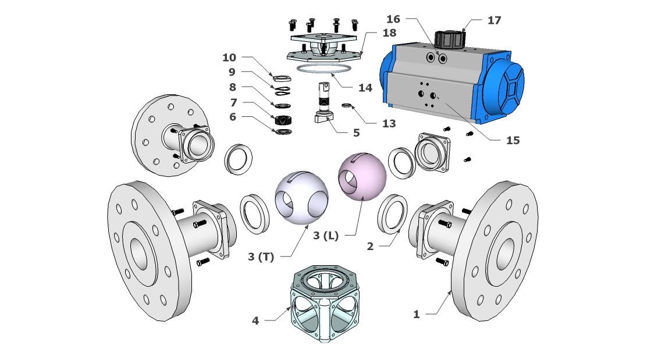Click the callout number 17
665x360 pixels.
[x=494, y=20]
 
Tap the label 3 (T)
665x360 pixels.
[x=260, y=256]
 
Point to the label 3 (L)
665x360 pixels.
[x=325, y=236]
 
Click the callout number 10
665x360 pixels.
[x=229, y=58]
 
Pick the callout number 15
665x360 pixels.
[x=513, y=140]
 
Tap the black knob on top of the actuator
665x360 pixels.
[x=450, y=39]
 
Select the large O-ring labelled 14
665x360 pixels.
[x=325, y=71]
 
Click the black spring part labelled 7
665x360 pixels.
[x=283, y=120]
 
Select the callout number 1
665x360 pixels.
[x=416, y=315]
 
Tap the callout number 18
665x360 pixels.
[x=389, y=33]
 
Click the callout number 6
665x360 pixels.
[x=233, y=116]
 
